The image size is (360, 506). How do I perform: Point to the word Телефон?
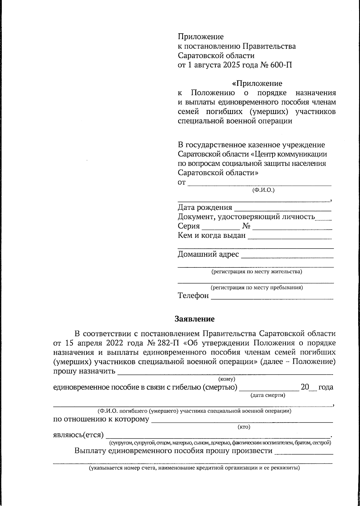pyautogui.click(x=193, y=296)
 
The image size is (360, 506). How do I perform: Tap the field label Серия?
pyautogui.click(x=189, y=226)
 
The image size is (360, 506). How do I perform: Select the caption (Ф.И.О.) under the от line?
pyautogui.click(x=263, y=190)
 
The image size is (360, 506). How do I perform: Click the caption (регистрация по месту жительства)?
pyautogui.click(x=256, y=272)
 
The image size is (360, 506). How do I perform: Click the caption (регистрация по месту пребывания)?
pyautogui.click(x=256, y=288)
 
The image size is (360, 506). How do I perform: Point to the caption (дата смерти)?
pyautogui.click(x=268, y=395)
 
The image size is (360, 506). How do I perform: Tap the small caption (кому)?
pyautogui.click(x=227, y=379)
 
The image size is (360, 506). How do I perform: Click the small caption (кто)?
pyautogui.click(x=244, y=427)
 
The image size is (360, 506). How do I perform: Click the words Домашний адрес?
pyautogui.click(x=208, y=255)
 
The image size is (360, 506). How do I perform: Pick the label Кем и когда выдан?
pyautogui.click(x=211, y=236)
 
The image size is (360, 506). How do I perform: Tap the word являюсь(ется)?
pyautogui.click(x=78, y=435)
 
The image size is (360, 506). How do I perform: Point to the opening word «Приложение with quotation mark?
pyautogui.click(x=257, y=83)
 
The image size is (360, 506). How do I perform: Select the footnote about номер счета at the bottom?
pyautogui.click(x=194, y=468)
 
